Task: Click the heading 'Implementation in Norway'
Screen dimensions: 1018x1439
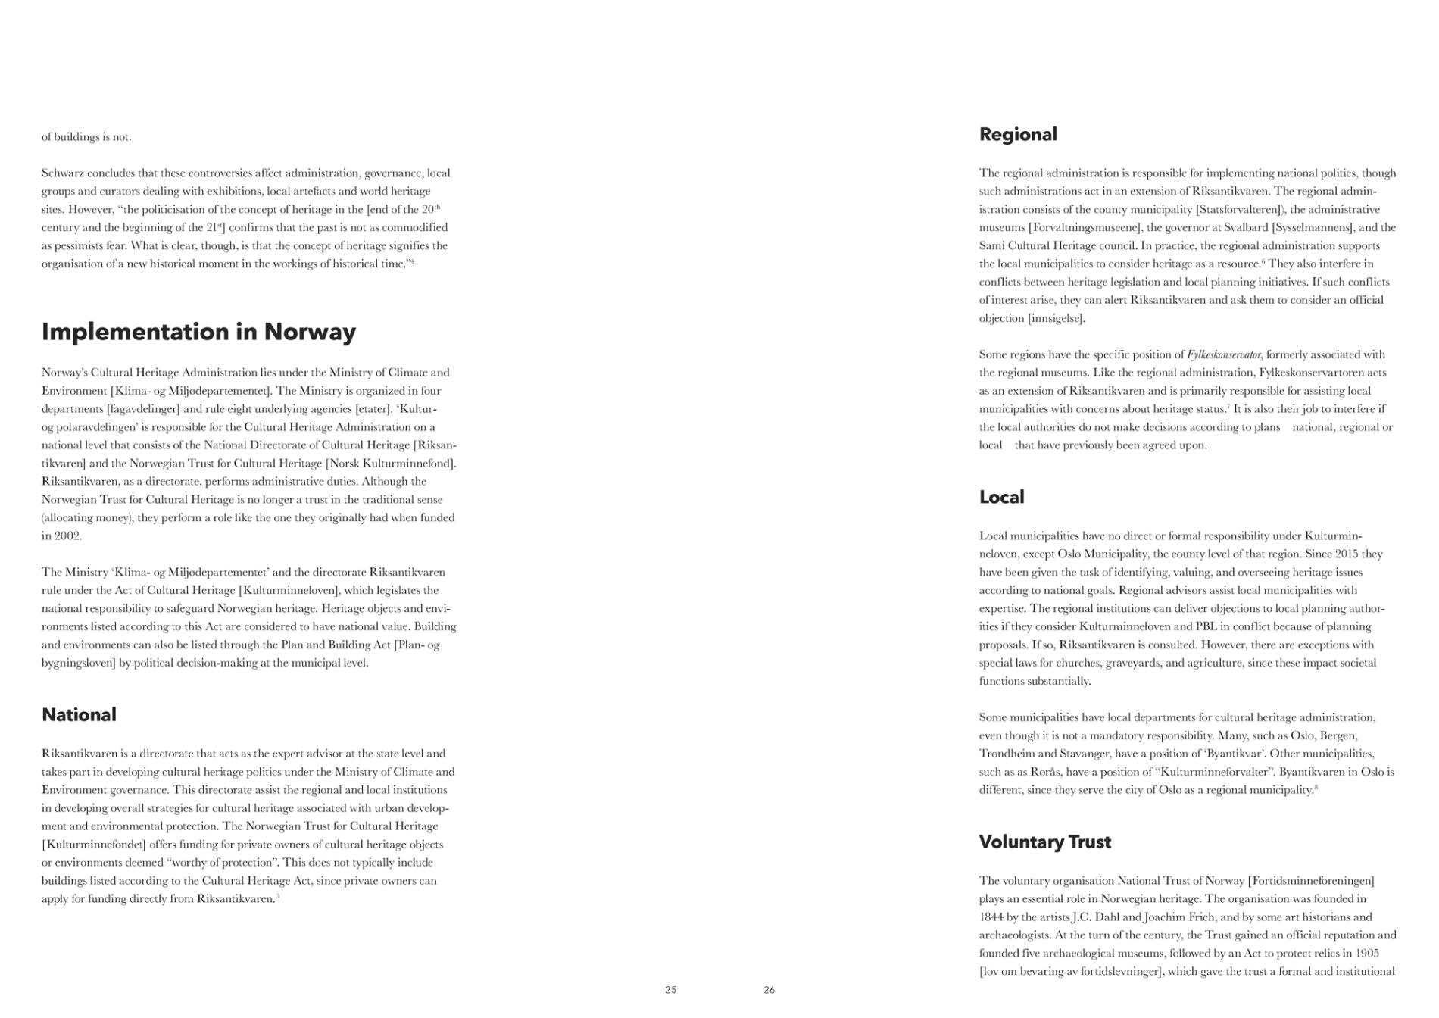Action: [x=198, y=332]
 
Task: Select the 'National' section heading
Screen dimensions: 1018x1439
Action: [x=79, y=715]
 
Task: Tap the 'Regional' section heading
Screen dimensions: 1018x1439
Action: [x=1018, y=135]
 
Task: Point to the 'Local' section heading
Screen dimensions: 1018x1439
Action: [x=1001, y=498]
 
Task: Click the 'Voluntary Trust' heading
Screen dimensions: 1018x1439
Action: [x=1044, y=842]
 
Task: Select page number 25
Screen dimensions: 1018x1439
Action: [x=670, y=990]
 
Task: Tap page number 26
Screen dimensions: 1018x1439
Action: [x=769, y=990]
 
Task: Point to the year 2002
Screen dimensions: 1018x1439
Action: [x=67, y=536]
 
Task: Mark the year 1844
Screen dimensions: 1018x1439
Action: [x=991, y=917]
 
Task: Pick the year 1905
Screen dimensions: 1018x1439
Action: [x=1367, y=954]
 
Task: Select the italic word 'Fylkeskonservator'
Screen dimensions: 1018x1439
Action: [x=1224, y=354]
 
